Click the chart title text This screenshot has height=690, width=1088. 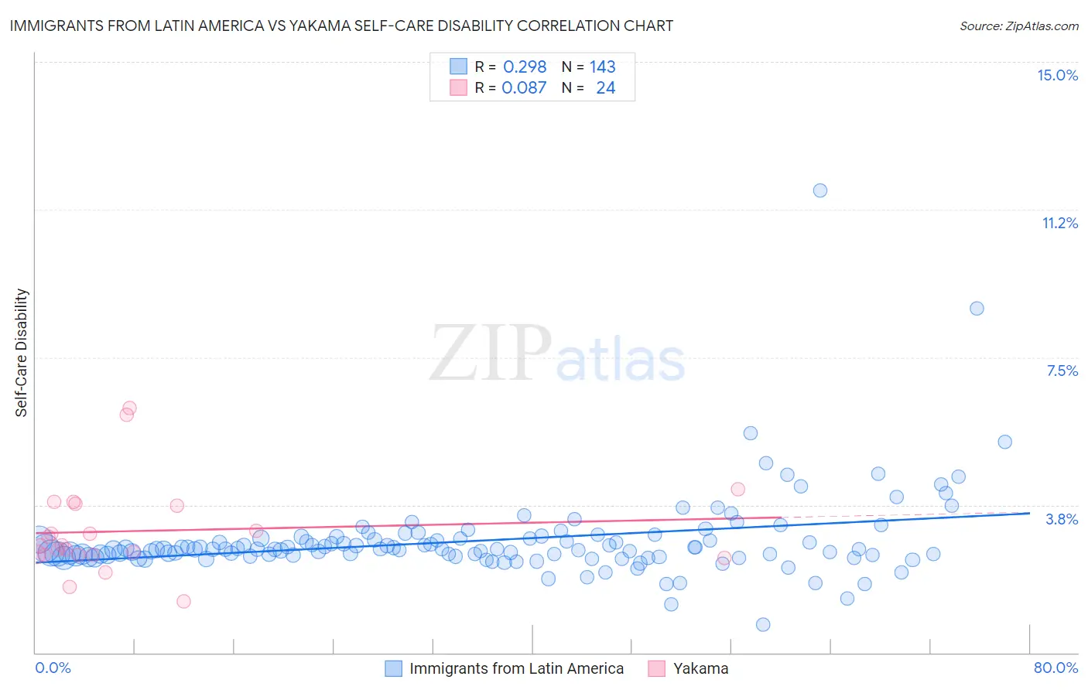[341, 26]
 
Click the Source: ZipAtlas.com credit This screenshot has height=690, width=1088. [1018, 26]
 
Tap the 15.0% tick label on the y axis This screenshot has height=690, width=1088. [1057, 75]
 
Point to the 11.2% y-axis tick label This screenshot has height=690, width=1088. [1059, 223]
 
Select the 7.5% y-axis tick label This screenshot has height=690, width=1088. [1062, 371]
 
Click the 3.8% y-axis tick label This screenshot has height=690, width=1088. [1062, 519]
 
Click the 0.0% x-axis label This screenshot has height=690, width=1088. [53, 668]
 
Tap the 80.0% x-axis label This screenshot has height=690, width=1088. [1055, 668]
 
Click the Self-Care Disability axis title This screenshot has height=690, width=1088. [21, 353]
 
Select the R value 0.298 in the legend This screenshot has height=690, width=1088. [525, 67]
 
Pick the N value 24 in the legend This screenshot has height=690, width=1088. [605, 87]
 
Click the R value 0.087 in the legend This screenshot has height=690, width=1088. [524, 87]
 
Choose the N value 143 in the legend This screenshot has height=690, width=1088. [602, 67]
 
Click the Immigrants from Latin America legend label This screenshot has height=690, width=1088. [516, 668]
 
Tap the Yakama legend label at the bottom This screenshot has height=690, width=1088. [700, 668]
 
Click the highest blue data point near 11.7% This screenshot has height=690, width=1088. [820, 190]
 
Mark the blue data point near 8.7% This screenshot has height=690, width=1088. [977, 309]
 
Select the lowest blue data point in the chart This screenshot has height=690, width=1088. [763, 624]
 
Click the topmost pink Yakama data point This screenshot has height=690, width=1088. [129, 408]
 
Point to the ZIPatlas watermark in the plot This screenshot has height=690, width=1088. [557, 354]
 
